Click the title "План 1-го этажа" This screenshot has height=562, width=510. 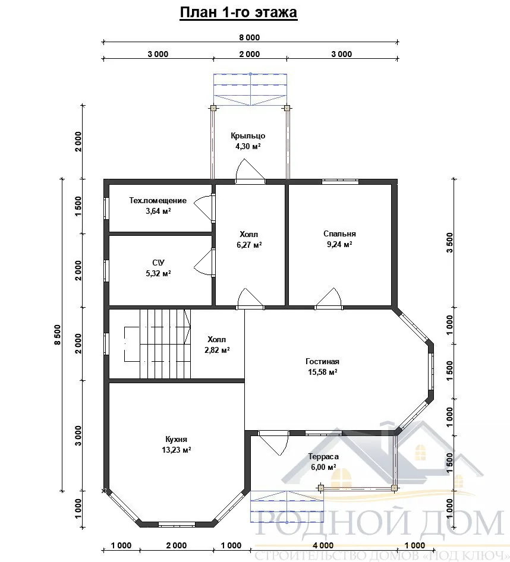tap(238, 12)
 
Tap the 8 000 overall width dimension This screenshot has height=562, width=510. tap(249, 37)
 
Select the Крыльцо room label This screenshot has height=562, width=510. tap(248, 136)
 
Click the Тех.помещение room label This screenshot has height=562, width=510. tap(158, 200)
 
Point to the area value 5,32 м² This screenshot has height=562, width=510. tap(158, 273)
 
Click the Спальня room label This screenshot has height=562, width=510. tap(339, 233)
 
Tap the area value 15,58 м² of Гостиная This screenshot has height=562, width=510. tap(322, 372)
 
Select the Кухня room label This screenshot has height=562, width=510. tap(176, 440)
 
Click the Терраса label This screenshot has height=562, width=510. tap(323, 457)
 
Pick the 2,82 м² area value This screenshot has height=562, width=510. tap(217, 350)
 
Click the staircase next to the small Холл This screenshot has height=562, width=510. tap(158, 344)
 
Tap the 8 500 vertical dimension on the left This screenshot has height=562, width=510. tap(58, 334)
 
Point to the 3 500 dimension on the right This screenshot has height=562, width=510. tap(449, 242)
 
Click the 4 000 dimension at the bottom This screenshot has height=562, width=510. tap(323, 545)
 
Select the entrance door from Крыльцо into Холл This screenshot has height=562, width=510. tap(250, 172)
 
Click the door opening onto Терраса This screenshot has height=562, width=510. tap(273, 443)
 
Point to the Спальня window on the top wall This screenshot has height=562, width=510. tap(340, 181)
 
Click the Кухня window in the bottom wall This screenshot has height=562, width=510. tap(177, 525)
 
